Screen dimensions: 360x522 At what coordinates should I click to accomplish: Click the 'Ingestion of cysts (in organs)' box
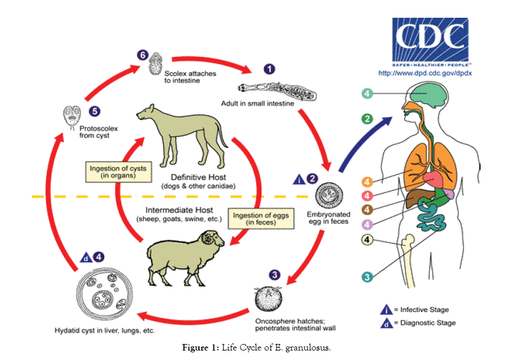118,172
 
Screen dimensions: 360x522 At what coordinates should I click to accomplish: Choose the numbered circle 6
142,55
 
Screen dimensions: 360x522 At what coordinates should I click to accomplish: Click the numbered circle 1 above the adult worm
269,69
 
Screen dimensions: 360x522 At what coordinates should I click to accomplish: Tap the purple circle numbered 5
93,110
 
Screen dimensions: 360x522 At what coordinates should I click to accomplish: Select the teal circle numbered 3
368,277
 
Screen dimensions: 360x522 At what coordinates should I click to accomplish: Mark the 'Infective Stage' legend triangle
385,309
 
